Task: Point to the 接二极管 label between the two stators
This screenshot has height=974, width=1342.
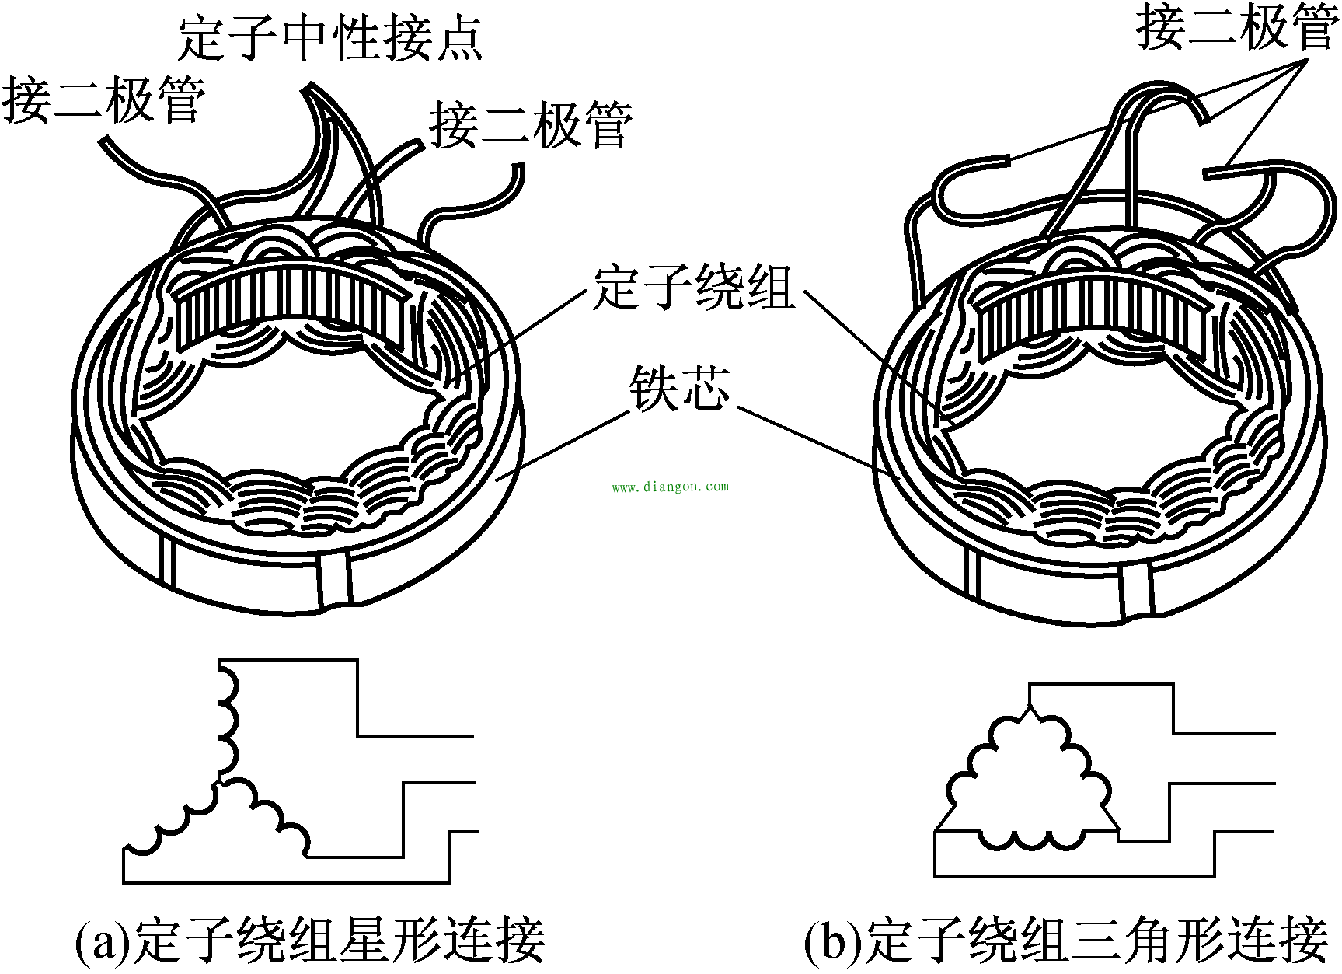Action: [531, 125]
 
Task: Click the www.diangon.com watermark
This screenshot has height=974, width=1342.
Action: [671, 487]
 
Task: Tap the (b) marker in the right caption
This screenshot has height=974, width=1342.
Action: [833, 941]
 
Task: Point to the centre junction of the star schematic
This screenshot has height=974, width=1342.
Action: [221, 780]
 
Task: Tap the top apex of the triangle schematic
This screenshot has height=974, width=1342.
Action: [1030, 707]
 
